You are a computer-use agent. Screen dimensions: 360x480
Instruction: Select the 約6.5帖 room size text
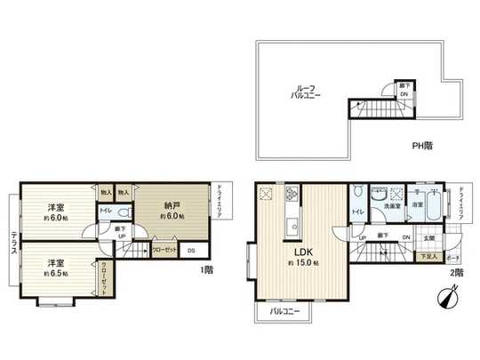tap(55, 275)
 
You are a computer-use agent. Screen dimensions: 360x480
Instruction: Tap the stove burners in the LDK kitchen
tap(290, 195)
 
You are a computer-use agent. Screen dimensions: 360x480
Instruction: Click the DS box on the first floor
tap(192, 251)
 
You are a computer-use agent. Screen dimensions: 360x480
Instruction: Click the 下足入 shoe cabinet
tap(428, 256)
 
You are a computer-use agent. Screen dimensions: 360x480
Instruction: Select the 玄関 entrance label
tap(429, 236)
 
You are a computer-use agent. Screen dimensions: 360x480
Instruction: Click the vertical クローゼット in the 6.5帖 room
tap(103, 276)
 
